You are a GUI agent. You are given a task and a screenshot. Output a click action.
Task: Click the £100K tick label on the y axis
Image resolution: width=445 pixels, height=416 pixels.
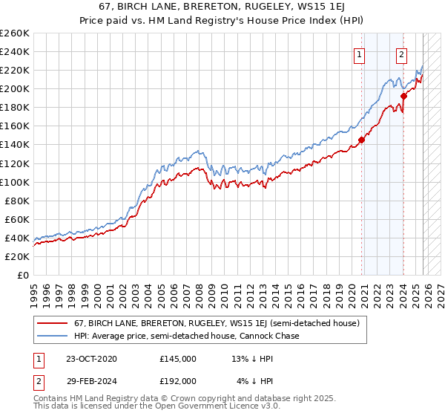tap(14, 182)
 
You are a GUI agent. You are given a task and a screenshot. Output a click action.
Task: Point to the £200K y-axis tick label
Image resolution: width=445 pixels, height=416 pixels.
tap(14, 88)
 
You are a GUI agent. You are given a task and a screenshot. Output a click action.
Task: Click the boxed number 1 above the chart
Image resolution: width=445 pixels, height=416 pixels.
tap(360, 53)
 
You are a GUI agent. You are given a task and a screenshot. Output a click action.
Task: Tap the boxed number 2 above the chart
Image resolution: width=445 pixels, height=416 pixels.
tap(402, 53)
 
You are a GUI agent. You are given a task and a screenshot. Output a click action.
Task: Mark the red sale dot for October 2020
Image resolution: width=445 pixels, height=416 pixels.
tap(362, 140)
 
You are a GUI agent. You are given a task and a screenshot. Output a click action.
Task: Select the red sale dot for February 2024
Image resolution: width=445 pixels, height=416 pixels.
tap(404, 96)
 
